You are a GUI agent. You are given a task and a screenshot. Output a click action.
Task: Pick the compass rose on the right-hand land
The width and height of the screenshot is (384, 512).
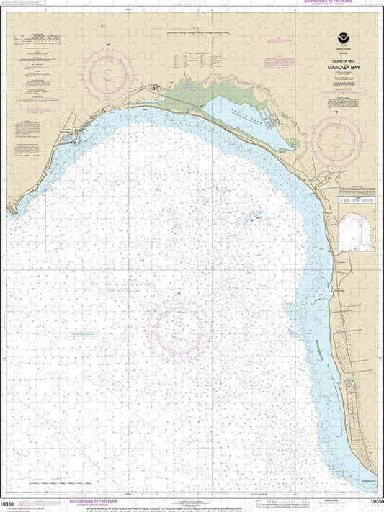[x=339, y=139]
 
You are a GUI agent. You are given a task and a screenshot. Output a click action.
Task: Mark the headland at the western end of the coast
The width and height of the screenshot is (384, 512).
[x=10, y=210]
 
